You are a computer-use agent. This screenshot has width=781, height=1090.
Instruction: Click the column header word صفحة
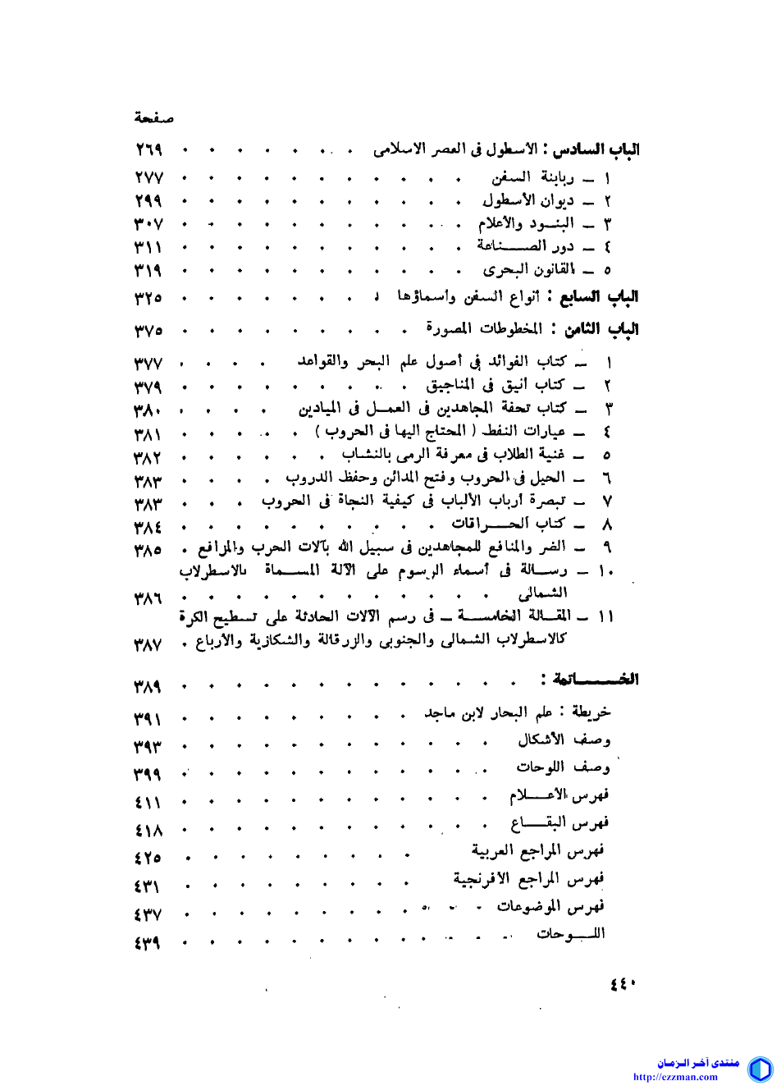point(154,118)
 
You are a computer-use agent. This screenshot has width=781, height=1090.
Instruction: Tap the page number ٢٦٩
point(148,150)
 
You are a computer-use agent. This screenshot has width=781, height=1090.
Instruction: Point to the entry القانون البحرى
point(529,270)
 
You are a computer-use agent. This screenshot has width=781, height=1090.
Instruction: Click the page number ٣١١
point(148,247)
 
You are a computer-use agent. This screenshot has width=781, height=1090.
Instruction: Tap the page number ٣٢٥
point(148,298)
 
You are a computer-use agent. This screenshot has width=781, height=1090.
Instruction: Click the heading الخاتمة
point(595,680)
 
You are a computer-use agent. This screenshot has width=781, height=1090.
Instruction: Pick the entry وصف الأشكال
point(564,740)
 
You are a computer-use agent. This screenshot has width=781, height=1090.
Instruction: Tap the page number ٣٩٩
point(148,775)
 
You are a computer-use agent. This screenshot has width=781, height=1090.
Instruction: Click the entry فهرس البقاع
point(559,823)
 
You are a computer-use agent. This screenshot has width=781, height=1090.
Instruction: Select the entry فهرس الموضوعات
point(550,907)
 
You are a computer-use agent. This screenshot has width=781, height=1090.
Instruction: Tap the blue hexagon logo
point(760,1069)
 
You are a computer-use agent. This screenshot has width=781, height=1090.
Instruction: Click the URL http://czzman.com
point(675,1078)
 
